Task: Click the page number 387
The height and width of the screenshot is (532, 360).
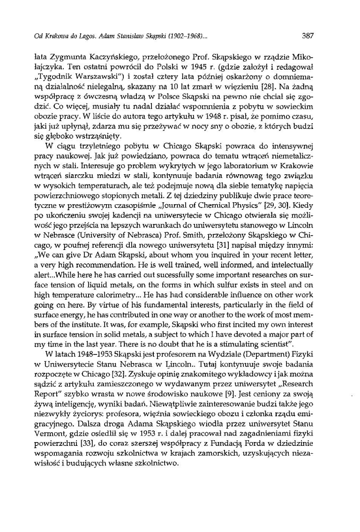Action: (x=308, y=36)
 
